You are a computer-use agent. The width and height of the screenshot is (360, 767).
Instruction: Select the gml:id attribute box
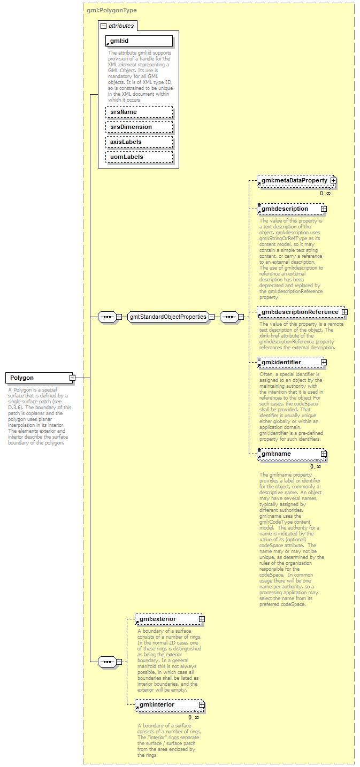(139, 41)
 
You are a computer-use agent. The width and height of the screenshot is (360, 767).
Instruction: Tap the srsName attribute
(139, 112)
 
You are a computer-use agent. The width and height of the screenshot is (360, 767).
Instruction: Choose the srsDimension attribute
(139, 127)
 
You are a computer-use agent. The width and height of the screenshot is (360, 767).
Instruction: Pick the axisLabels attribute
(139, 142)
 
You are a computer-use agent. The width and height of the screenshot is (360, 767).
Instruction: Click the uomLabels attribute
(139, 157)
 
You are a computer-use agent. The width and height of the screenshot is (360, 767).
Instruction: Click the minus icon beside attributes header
(103, 26)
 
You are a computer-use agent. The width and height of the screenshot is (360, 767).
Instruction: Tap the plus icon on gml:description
(324, 209)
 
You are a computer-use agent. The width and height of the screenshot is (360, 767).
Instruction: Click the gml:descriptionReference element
(299, 312)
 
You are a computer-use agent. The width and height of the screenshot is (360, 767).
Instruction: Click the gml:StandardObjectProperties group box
(168, 317)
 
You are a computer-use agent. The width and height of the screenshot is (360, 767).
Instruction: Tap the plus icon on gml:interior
(202, 705)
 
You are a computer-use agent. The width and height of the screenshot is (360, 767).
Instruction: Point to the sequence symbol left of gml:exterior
(108, 662)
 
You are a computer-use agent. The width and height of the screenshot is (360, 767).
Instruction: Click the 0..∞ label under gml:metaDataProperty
(325, 193)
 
